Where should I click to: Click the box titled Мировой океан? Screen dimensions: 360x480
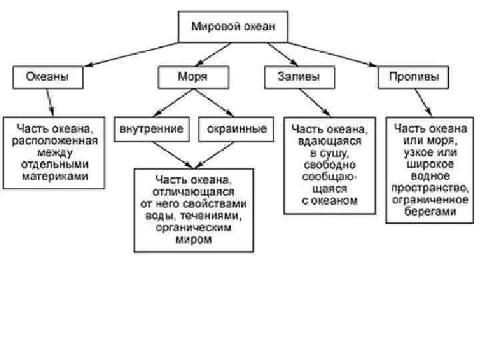click(233, 27)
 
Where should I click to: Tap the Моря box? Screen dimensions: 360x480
click(192, 77)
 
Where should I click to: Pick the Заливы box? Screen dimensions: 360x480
click(297, 77)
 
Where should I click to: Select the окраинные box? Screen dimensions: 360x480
click(234, 129)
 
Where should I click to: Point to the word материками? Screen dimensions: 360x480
click(53, 177)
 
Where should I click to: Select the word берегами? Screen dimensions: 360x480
click(430, 213)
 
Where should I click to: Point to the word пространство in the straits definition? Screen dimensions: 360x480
click(430, 189)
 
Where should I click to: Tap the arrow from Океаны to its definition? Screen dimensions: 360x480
click(48, 103)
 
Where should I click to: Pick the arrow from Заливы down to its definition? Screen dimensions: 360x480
click(313, 103)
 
